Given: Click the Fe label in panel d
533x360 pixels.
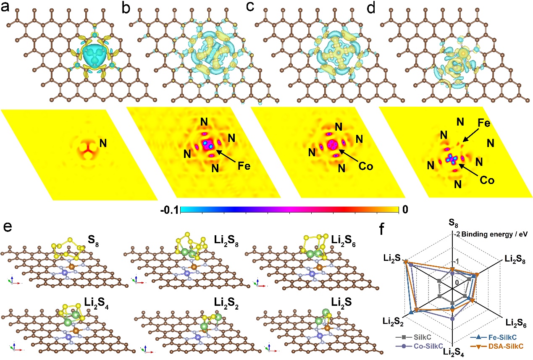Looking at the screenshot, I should point(486,125).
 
